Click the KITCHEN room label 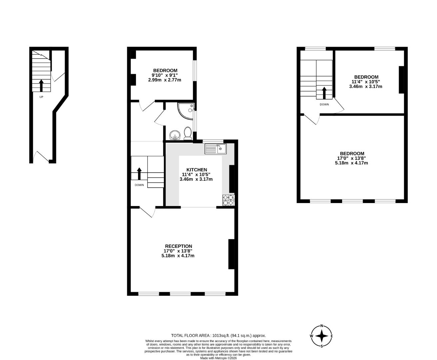[197, 170]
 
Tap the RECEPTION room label [178, 246]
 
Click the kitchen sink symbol [216, 149]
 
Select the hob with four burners [228, 200]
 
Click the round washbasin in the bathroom [175, 135]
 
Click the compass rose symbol [321, 336]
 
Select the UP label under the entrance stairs [41, 97]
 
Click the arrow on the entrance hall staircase [41, 85]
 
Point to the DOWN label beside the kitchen [139, 185]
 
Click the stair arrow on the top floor [324, 93]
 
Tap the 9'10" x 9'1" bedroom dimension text [165, 75]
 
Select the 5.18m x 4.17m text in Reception [178, 256]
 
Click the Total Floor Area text [218, 336]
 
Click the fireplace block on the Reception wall [231, 254]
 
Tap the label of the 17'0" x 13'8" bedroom [352, 154]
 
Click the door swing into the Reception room [148, 212]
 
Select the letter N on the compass [321, 326]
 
